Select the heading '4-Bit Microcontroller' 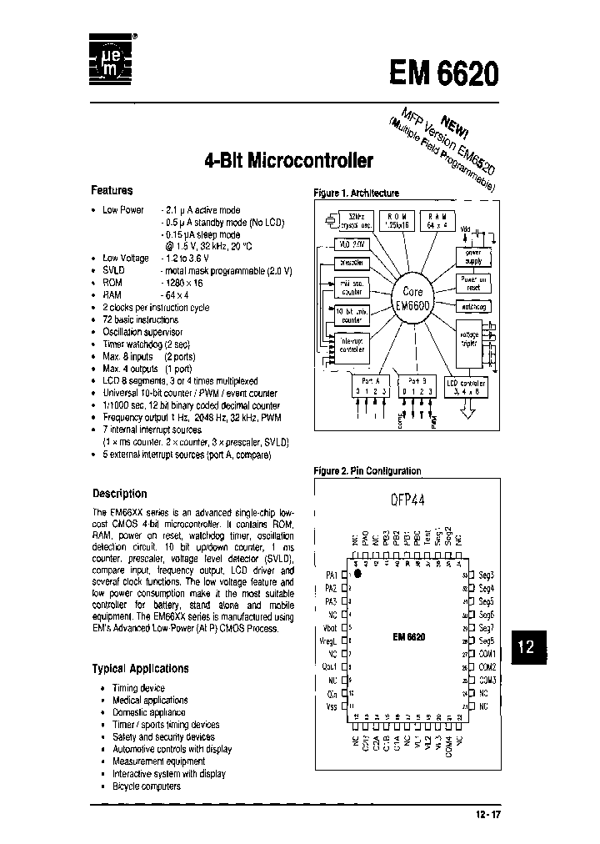[288, 159]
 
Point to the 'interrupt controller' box [352, 345]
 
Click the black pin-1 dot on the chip [357, 574]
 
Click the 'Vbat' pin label [329, 626]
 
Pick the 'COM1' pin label [487, 653]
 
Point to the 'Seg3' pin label [487, 575]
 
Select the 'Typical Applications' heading [140, 669]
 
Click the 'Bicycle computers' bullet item [146, 786]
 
